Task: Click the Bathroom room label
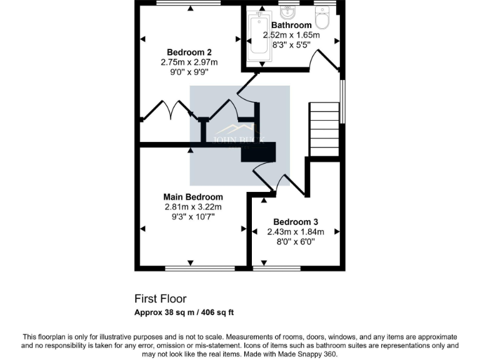coord(291,26)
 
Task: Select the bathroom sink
coord(289,12)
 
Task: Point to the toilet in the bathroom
coord(322,17)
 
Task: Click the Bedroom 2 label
coord(189,52)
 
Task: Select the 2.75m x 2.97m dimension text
coord(189,62)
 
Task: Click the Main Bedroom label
coord(192,197)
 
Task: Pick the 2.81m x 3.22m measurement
coord(192,207)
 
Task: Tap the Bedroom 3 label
coord(296,222)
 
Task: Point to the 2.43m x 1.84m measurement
coord(296,232)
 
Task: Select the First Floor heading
coord(160,299)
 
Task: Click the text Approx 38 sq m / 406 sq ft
coord(184,312)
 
